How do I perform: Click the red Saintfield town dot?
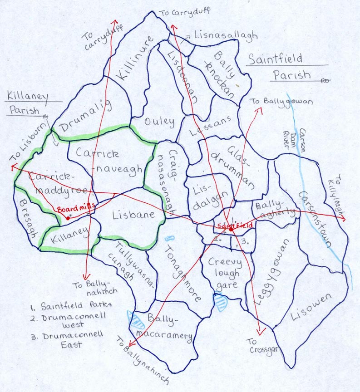tap(231, 230)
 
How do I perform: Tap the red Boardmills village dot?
tap(67, 218)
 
